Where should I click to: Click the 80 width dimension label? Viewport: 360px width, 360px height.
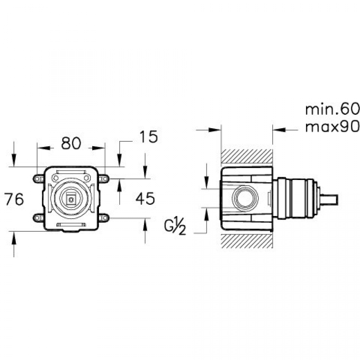point(71,144)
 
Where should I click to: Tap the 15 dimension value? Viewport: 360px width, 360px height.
point(148,137)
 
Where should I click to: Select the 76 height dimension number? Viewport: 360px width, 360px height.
point(14,199)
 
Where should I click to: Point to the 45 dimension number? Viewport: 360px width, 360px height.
point(145,198)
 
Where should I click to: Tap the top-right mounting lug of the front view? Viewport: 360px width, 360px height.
point(104,179)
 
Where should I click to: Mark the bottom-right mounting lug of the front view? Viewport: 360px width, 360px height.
point(104,218)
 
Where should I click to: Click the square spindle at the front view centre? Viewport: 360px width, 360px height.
point(71,198)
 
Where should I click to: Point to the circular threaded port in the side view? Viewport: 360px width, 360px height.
point(243,198)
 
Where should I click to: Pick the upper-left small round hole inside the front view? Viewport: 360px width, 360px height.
point(55,178)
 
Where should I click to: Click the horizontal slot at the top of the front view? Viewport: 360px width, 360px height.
point(71,172)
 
